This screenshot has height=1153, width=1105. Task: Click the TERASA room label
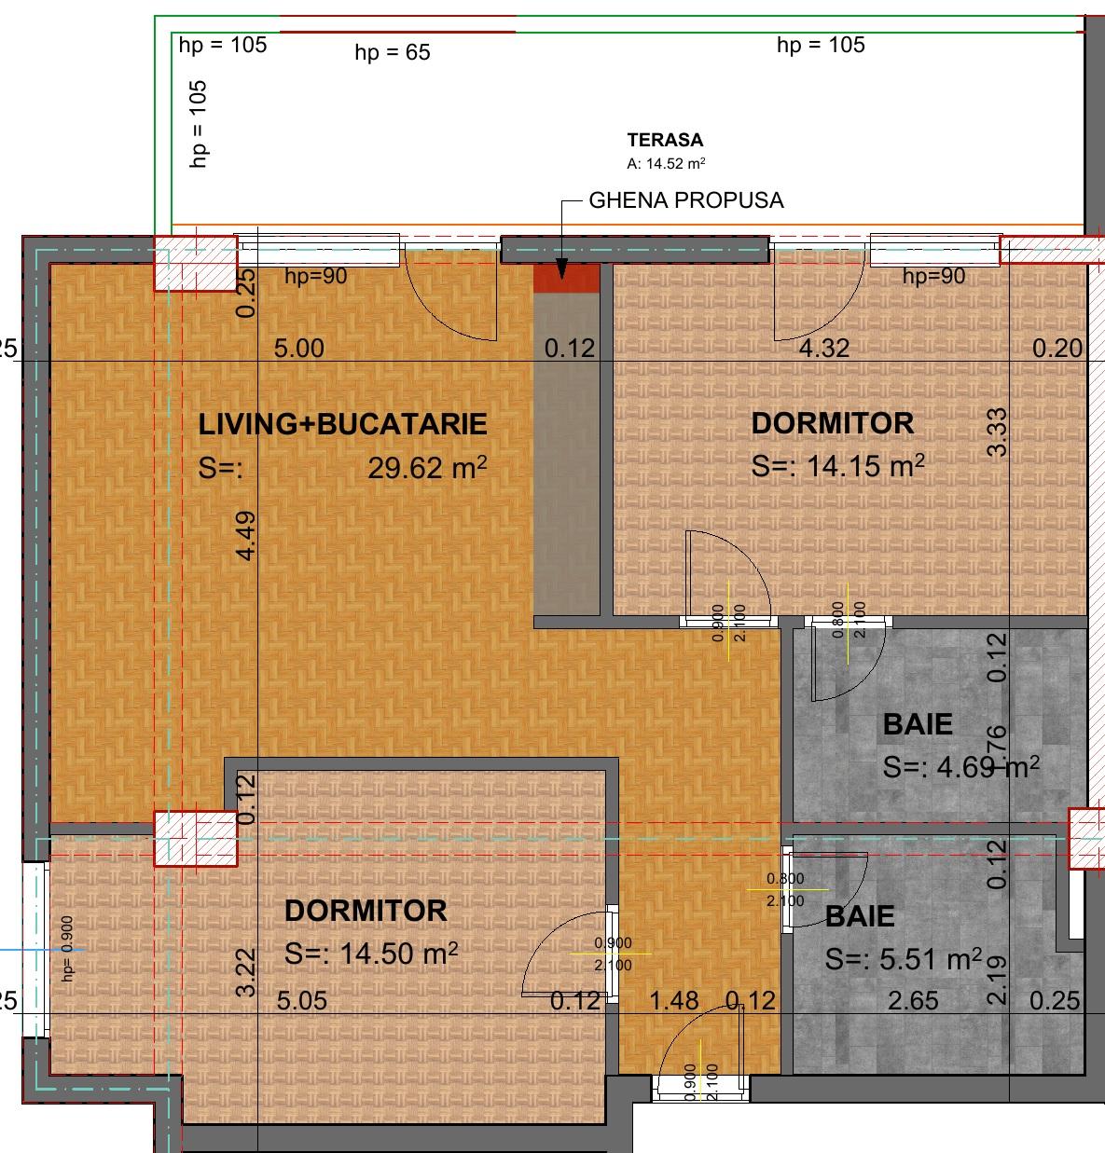665,141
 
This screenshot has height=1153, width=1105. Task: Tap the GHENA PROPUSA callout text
685,200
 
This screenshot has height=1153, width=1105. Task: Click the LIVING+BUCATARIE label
342,424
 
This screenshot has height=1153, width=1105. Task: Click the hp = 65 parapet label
393,53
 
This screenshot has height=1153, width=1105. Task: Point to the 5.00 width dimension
298,349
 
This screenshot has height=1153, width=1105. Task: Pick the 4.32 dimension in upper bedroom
822,349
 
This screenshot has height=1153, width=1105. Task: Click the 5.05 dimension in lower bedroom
302,1002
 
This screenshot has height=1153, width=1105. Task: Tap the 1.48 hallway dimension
674,1001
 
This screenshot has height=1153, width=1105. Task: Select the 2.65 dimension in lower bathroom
913,1001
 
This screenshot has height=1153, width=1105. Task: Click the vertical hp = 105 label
199,123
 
